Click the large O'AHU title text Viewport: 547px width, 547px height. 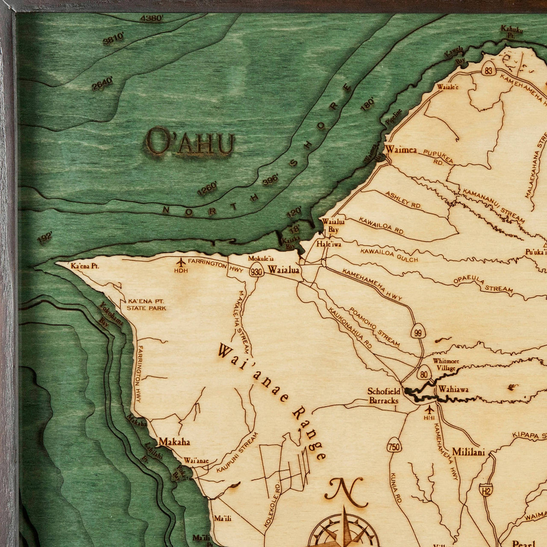(x=190, y=141)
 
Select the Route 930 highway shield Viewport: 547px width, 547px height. (x=257, y=272)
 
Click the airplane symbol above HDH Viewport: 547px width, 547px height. (x=181, y=262)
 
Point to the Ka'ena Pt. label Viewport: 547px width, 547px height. (x=85, y=266)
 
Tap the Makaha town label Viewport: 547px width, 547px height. (x=174, y=441)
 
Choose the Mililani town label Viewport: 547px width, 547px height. (x=468, y=452)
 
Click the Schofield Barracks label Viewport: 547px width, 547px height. (x=384, y=396)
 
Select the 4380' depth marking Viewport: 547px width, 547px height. (x=152, y=18)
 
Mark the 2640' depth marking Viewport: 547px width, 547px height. (x=103, y=83)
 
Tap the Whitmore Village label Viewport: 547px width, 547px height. (x=446, y=364)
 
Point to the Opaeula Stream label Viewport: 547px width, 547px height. (x=483, y=285)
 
